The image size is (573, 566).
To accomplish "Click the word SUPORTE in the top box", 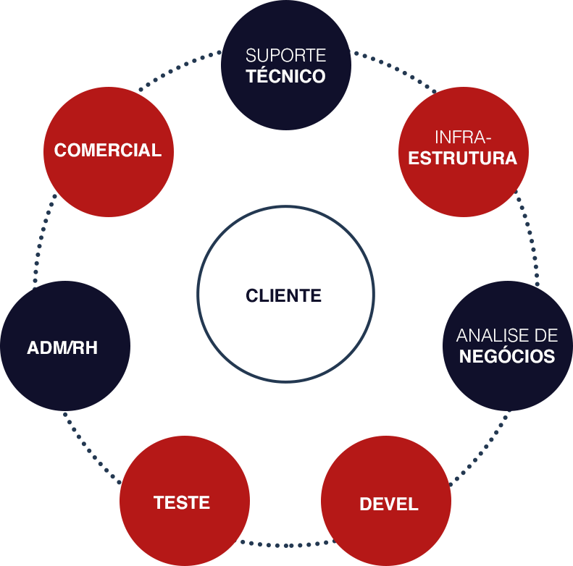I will click(285, 56).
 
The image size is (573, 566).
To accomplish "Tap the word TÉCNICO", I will click(285, 76).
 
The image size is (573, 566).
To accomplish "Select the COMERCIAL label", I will click(108, 151).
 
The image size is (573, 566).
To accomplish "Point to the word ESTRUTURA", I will click(463, 159).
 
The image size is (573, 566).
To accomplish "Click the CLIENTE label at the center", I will click(284, 295).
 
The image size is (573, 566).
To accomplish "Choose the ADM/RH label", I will click(62, 348).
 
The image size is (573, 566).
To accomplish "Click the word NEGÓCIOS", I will click(507, 357).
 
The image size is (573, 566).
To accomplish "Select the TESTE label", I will click(182, 502).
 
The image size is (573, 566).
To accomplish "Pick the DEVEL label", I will click(389, 504).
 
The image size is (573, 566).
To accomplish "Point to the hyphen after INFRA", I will click(489, 138).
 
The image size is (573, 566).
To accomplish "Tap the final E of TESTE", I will click(205, 502).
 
